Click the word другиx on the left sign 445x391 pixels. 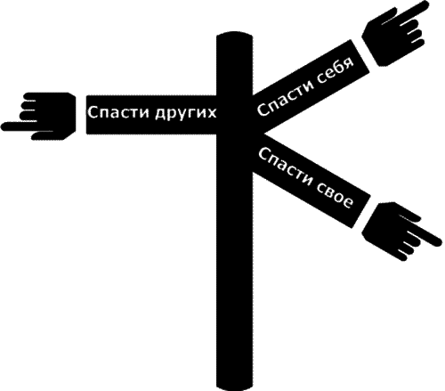[x=186, y=114]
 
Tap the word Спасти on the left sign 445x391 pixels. [x=119, y=112]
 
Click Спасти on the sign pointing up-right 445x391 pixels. [x=284, y=97]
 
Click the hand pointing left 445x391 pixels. [x=38, y=116]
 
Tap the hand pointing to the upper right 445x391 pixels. [x=393, y=32]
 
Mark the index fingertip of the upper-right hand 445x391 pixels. [x=426, y=5]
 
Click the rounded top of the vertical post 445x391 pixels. [x=235, y=37]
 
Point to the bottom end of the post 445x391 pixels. [x=235, y=388]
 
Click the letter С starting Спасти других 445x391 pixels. [x=93, y=112]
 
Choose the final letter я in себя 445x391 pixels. [x=350, y=63]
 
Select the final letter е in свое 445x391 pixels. [x=348, y=203]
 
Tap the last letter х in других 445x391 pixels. [x=212, y=113]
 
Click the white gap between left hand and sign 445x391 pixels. [x=81, y=115]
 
